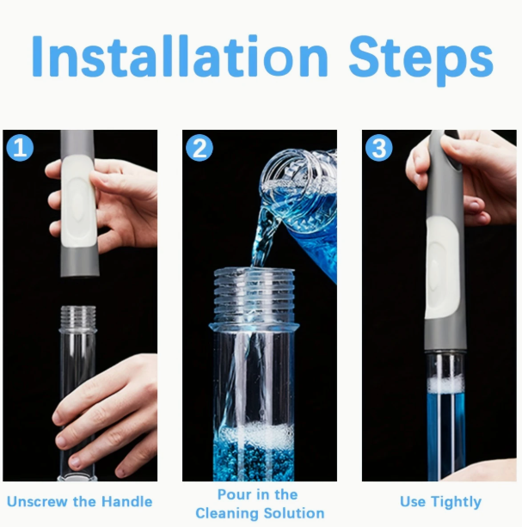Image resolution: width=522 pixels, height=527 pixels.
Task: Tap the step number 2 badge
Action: point(200,148)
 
